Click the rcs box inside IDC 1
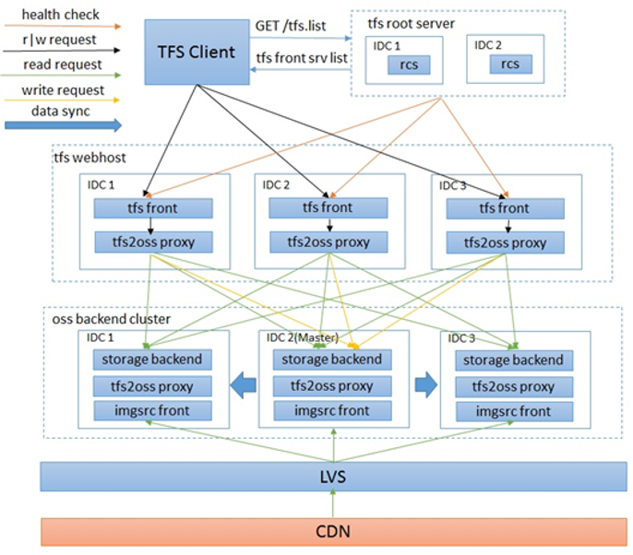(407, 64)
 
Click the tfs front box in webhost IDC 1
(153, 208)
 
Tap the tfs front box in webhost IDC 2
(327, 208)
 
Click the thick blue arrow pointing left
(242, 384)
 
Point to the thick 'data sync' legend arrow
(56, 128)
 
